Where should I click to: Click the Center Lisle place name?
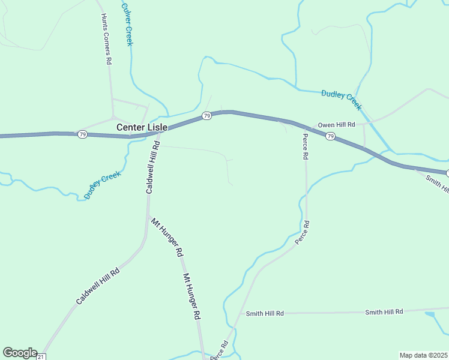(142, 127)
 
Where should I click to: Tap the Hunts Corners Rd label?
(106, 40)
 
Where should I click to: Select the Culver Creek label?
(127, 25)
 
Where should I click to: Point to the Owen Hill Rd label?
(337, 124)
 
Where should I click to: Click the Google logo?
(20, 353)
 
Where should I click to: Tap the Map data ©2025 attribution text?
(424, 355)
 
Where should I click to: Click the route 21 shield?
(41, 357)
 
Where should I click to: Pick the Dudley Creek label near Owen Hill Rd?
(342, 100)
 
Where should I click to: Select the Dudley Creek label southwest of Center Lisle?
(103, 185)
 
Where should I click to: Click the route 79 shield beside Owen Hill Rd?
(330, 137)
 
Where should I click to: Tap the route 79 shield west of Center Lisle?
(82, 134)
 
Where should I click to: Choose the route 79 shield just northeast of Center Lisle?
(206, 116)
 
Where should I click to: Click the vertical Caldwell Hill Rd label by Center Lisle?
(152, 167)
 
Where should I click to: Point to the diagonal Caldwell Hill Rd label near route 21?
(98, 286)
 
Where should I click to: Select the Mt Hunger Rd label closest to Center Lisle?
(166, 238)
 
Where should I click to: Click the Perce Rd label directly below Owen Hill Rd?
(306, 147)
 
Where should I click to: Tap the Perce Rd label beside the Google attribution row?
(220, 350)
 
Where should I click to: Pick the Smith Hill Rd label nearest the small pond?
(384, 311)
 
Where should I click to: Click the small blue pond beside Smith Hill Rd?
(429, 313)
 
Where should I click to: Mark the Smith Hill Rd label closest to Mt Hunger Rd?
(265, 313)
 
